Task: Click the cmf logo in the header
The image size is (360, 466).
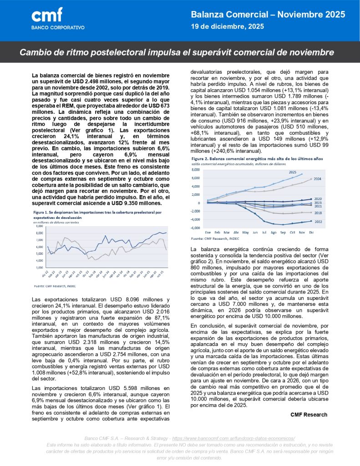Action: click(47, 15)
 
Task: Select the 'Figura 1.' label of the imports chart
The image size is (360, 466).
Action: click(39, 213)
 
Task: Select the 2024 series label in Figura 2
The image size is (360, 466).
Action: click(317, 179)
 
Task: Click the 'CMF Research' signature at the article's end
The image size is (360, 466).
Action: click(309, 415)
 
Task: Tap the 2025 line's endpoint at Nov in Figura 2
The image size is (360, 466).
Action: click(301, 175)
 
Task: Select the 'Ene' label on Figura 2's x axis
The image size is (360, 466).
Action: click(208, 232)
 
